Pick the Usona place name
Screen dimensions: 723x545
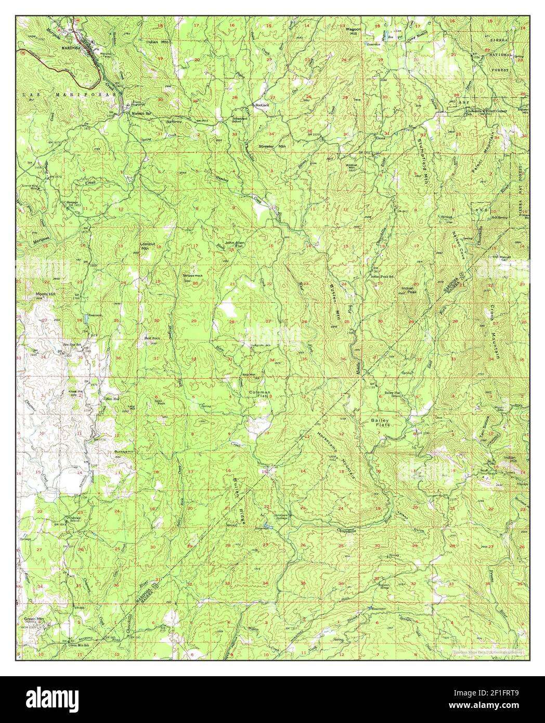tap(380, 138)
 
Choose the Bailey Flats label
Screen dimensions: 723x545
tap(380, 422)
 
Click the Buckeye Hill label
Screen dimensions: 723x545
tap(124, 451)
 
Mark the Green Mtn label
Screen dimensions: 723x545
tap(32, 619)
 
